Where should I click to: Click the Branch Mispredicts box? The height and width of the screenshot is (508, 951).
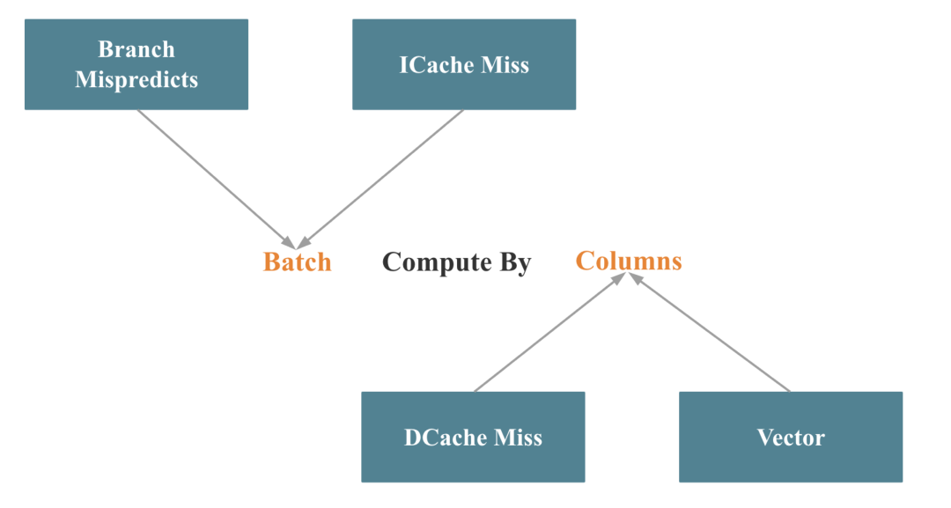tap(136, 64)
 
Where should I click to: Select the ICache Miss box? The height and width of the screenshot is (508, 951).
tap(464, 64)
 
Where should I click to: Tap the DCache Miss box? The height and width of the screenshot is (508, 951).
tap(473, 437)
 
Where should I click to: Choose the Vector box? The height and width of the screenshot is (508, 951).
tap(791, 437)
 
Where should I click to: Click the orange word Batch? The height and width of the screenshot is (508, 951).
tap(298, 262)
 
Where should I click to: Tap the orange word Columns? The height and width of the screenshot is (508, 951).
tap(629, 261)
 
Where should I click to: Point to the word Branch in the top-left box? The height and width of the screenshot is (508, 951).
tap(136, 49)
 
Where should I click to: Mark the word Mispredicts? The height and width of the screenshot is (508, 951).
tap(136, 80)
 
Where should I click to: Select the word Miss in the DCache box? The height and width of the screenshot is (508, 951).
tap(520, 438)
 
